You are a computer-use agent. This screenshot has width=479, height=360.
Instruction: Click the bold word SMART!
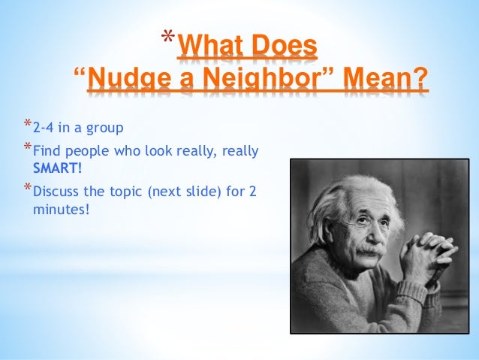tap(58, 166)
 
